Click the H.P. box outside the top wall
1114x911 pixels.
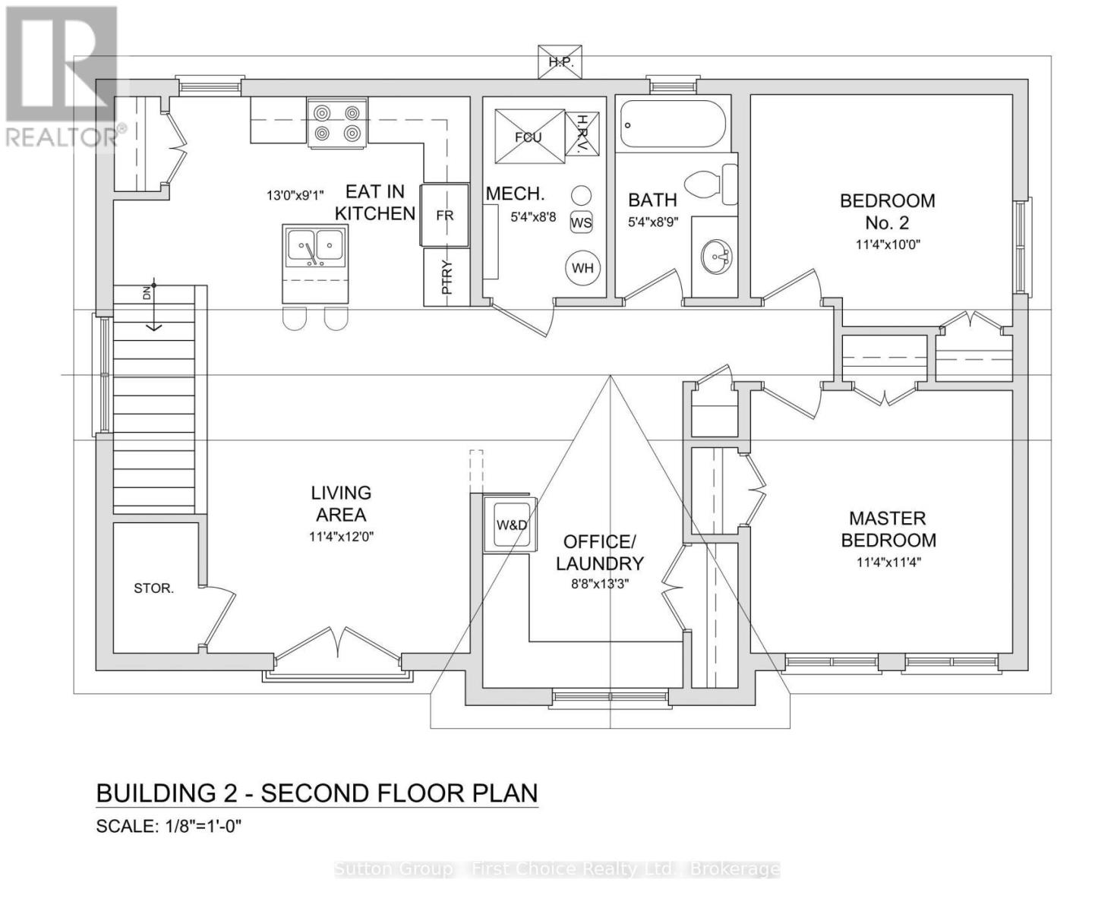point(560,61)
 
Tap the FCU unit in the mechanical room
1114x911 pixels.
point(529,137)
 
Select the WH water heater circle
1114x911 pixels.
point(582,267)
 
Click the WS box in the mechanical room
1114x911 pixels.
point(581,222)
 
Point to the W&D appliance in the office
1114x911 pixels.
point(511,525)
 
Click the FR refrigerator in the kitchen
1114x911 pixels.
point(444,215)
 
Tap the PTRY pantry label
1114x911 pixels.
point(447,277)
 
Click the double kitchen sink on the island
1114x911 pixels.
point(315,247)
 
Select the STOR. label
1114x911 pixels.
point(153,588)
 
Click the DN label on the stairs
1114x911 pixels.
point(147,292)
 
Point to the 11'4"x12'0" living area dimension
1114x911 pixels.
point(341,537)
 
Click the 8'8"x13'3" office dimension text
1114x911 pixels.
point(600,585)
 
